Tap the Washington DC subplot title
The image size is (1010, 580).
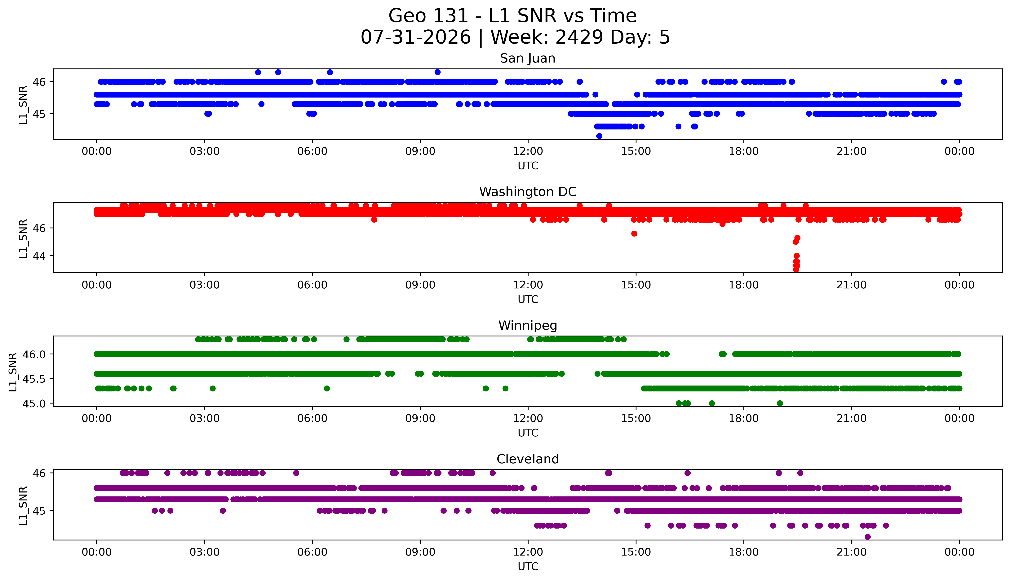click(528, 192)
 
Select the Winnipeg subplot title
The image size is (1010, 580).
click(528, 325)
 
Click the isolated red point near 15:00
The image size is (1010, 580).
click(634, 233)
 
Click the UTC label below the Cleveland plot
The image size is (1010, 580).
click(528, 566)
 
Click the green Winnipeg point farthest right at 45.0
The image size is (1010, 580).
click(780, 403)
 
